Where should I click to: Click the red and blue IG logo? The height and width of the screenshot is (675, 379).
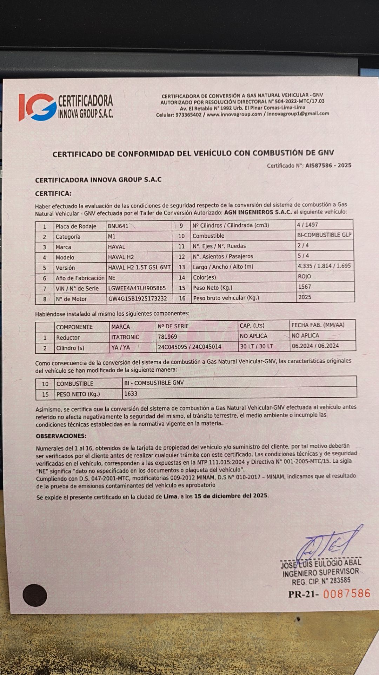(38, 107)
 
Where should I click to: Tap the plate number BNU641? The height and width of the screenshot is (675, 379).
(118, 226)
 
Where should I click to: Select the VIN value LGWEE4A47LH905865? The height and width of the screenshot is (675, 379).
(137, 288)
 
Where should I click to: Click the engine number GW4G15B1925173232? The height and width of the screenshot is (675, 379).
(138, 299)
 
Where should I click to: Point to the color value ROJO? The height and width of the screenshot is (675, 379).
(304, 276)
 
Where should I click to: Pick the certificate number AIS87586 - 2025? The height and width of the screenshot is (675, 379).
(328, 165)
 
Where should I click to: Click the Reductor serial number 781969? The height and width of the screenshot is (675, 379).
(167, 337)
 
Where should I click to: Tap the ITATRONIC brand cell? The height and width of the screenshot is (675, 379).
(125, 337)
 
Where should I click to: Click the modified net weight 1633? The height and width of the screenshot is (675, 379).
(131, 394)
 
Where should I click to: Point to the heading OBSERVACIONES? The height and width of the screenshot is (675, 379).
(61, 436)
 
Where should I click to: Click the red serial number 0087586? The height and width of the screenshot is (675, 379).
(347, 594)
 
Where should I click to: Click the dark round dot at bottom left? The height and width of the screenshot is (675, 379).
(35, 595)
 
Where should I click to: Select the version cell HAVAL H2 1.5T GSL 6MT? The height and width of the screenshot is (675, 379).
(139, 268)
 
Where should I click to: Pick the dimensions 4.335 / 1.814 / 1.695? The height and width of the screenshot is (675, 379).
(324, 266)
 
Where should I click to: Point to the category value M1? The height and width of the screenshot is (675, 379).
(112, 237)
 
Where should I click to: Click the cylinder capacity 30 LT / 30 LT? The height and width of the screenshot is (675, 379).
(257, 346)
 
